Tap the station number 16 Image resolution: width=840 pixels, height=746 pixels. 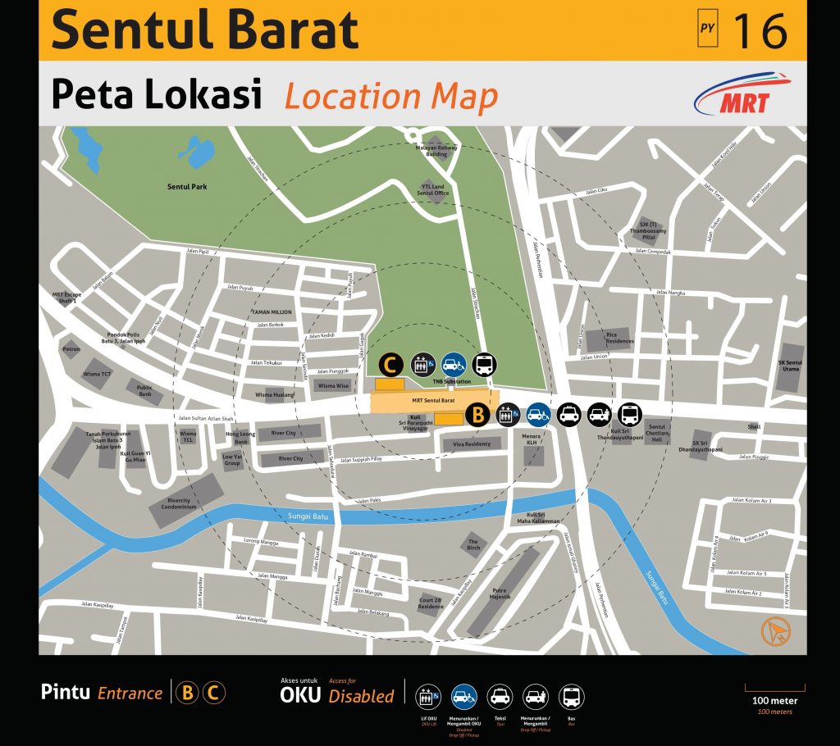[x=759, y=30]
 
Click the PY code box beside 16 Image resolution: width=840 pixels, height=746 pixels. [x=707, y=30]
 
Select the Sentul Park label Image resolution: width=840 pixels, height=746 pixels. [x=187, y=187]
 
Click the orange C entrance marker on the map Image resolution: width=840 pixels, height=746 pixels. [x=390, y=364]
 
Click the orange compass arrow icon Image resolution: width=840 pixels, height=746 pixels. [x=774, y=630]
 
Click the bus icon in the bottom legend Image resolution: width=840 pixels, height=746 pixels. [x=571, y=698]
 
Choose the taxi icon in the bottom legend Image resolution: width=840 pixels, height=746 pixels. [x=500, y=698]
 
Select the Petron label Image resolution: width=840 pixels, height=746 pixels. [x=71, y=348]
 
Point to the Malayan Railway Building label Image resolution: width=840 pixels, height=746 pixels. [x=436, y=150]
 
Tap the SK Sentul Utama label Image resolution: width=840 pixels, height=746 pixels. [x=790, y=366]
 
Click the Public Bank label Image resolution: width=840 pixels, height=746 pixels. [x=144, y=390]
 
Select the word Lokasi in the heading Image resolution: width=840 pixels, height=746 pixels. [x=209, y=95]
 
